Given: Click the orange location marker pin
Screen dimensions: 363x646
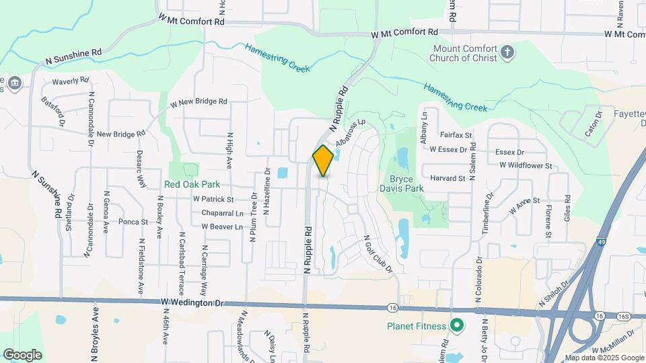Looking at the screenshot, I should click(x=323, y=161).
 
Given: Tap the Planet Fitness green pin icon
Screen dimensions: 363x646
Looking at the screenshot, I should click(x=457, y=327).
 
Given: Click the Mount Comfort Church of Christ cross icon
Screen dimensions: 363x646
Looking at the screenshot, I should click(x=508, y=51).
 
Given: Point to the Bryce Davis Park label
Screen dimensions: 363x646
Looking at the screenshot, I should click(x=406, y=184).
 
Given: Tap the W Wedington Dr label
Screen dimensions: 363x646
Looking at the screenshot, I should click(x=192, y=303).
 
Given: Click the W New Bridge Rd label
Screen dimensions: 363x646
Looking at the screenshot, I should click(x=199, y=102).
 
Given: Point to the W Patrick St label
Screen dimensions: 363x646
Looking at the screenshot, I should click(x=213, y=200).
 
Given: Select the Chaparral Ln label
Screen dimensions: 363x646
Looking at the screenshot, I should click(x=222, y=213).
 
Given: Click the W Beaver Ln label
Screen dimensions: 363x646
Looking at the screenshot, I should click(x=221, y=227).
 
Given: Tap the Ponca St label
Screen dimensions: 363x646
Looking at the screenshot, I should click(x=133, y=222).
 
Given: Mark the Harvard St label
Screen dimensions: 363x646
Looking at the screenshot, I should click(x=447, y=179).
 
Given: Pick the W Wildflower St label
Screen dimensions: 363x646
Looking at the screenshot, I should click(x=526, y=165).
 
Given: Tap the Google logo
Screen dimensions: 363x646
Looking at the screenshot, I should click(x=22, y=355).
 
